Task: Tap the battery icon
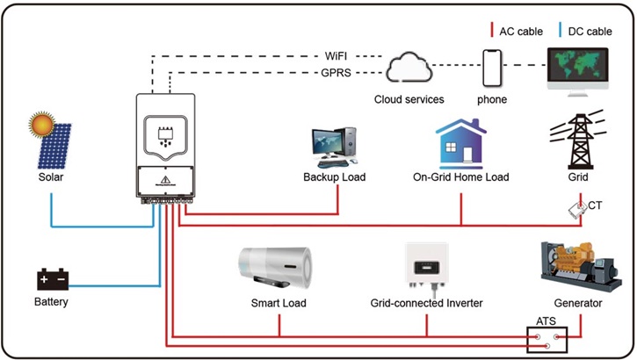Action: [x=51, y=279]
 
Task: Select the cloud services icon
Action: [x=409, y=68]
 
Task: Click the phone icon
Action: [x=491, y=68]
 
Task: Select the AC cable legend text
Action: [x=519, y=31]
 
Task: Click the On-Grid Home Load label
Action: [x=460, y=177]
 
